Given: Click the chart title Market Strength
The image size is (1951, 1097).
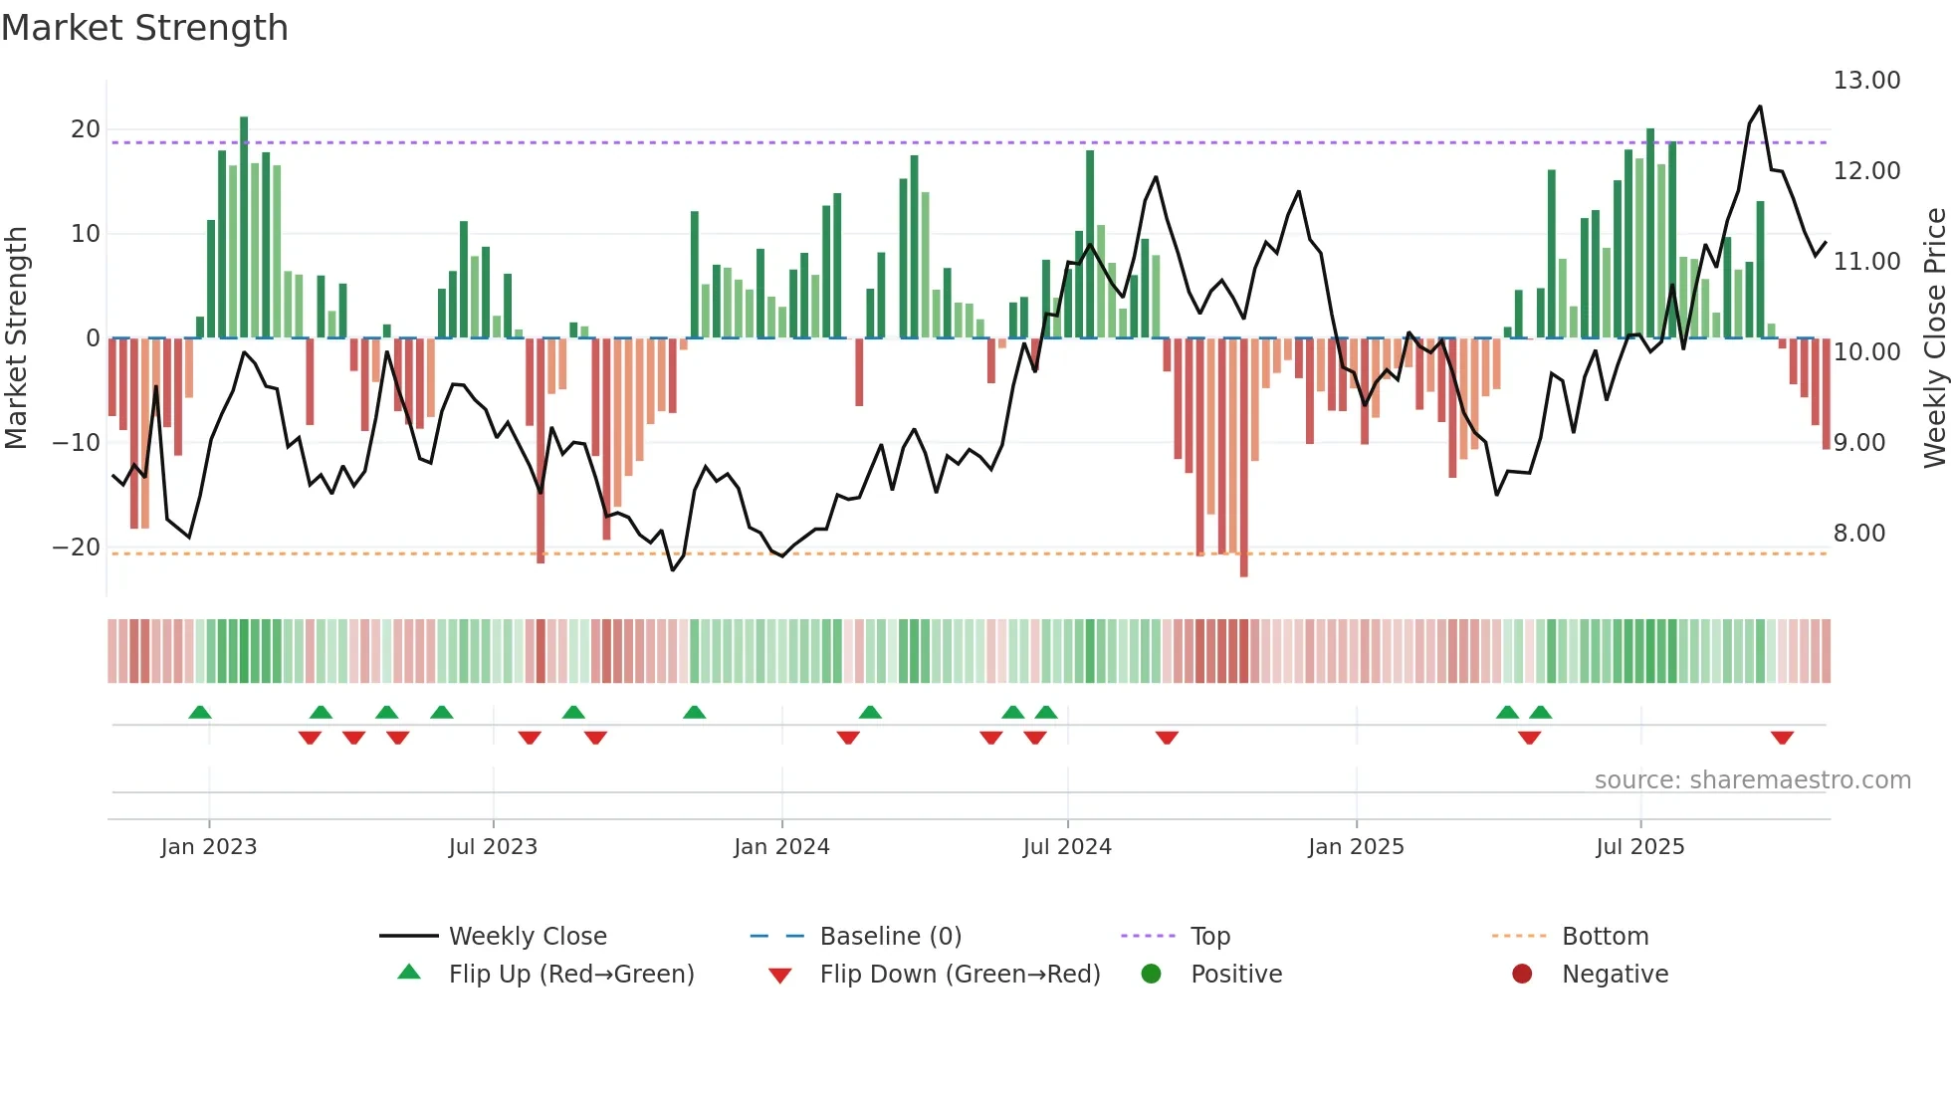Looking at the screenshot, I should point(144,28).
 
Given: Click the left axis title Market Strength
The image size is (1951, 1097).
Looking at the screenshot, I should point(16,337).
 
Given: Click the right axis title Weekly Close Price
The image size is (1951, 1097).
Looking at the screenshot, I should point(1934,337).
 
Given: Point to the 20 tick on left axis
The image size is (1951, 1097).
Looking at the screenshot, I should point(86,129).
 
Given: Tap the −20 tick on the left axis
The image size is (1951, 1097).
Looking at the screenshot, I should point(77,548).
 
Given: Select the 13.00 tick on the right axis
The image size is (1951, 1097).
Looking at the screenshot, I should point(1866,81).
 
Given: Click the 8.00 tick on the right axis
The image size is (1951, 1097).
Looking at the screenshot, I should point(1859,534).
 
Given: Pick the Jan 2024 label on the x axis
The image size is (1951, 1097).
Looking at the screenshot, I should point(781,847).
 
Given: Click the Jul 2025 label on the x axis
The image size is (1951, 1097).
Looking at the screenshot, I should point(1639,847).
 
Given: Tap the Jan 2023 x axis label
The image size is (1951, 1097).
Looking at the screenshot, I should point(209,847).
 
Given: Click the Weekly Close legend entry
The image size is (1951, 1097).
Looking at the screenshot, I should point(527,937).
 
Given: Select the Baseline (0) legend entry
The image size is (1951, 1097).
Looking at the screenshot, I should point(890,937).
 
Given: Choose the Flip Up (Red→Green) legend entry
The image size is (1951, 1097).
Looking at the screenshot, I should point(570,975).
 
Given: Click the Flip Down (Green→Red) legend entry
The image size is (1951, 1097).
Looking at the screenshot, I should point(960,975).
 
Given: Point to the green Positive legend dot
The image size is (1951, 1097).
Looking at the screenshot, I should point(1151,974).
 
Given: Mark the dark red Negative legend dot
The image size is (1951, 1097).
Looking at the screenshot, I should point(1522,974).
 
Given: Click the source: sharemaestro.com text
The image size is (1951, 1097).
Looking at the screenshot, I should point(1752,780).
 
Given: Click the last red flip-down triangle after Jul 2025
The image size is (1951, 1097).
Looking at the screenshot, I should point(1782,738).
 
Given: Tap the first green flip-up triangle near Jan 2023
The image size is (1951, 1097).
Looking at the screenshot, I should point(200,712).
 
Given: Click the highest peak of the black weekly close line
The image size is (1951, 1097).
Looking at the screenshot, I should point(1760,107).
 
